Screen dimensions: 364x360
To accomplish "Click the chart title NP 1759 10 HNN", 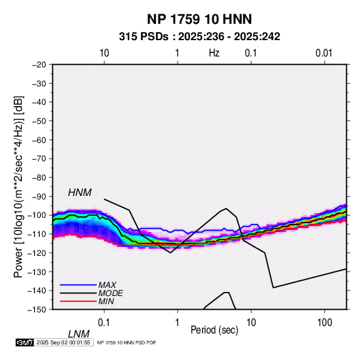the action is click(x=199, y=19).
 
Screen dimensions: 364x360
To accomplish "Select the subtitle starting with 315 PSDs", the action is click(x=199, y=37).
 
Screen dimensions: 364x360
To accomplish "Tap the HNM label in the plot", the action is click(x=80, y=193).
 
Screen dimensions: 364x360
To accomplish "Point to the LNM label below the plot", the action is click(x=79, y=334).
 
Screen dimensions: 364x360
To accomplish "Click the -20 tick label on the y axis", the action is click(x=39, y=65).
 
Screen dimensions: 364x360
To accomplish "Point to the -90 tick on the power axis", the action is click(x=39, y=196).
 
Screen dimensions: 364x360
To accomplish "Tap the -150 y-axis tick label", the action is click(x=37, y=310).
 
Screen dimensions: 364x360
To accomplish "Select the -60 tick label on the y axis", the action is click(x=39, y=140).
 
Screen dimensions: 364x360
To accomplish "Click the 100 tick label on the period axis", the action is click(x=325, y=323).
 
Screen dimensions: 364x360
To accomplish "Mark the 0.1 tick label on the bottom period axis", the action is click(x=104, y=323).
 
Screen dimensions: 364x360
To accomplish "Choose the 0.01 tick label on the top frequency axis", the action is click(x=324, y=53).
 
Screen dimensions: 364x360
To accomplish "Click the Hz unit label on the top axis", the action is click(x=214, y=53).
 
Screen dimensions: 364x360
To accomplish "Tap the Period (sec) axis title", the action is click(x=214, y=330).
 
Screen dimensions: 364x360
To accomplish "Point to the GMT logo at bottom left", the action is click(x=25, y=342).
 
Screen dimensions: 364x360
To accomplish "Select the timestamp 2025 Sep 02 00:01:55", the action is click(x=63, y=342).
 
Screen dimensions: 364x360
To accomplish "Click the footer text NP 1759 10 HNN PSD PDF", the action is click(x=127, y=342).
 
